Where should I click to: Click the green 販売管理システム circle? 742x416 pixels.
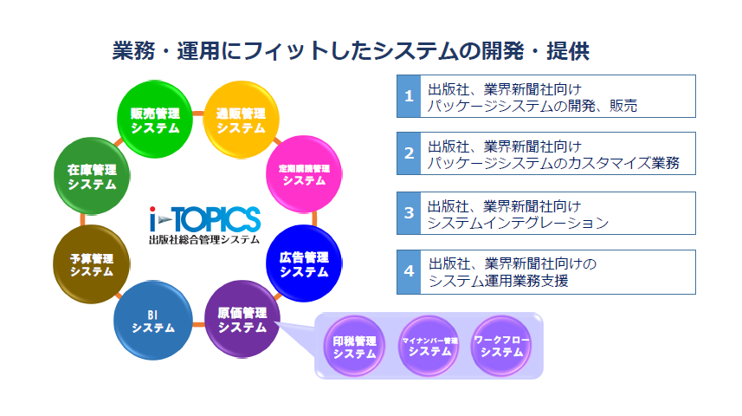[x=155, y=120]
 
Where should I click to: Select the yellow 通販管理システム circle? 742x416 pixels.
[x=241, y=120]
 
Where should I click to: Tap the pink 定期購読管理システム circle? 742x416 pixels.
[x=304, y=174]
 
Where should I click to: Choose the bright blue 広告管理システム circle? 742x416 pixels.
[x=304, y=263]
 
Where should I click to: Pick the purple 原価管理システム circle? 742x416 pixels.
[x=242, y=319]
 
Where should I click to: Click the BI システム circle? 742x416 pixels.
[x=153, y=321]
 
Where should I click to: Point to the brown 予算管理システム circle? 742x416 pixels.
[x=91, y=264]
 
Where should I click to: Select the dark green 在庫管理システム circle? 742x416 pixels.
[x=91, y=176]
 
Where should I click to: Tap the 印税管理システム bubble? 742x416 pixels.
[x=354, y=347]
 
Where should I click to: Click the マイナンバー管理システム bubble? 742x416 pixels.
[x=429, y=347]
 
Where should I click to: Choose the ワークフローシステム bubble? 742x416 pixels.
[x=501, y=347]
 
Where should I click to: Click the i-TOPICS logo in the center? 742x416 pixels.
[x=204, y=219]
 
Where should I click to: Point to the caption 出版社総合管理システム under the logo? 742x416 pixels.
[x=204, y=240]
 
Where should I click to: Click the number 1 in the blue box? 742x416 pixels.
[x=409, y=96]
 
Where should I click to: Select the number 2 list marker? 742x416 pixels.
[x=409, y=153]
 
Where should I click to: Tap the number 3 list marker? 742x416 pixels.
[x=409, y=213]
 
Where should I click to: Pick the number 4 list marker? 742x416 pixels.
[x=409, y=272]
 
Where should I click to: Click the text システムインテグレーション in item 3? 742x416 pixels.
[x=518, y=223]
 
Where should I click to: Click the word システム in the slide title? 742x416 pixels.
[x=416, y=51]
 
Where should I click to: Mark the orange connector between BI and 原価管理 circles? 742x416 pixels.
[x=198, y=324]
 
